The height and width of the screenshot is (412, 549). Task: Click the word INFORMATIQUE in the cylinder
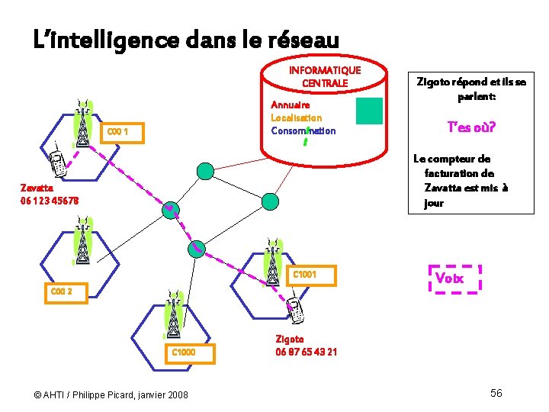pyautogui.click(x=325, y=70)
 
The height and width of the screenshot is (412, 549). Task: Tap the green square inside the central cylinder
pyautogui.click(x=369, y=111)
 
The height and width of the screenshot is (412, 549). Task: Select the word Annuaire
pyautogui.click(x=290, y=105)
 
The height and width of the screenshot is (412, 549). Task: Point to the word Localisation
pyautogui.click(x=296, y=117)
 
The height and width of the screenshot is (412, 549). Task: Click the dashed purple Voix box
pyautogui.click(x=454, y=278)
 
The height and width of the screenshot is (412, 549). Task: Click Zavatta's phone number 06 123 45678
pyautogui.click(x=49, y=201)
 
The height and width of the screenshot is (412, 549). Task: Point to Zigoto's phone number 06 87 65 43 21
pyautogui.click(x=306, y=352)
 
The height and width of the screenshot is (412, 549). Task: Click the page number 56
pyautogui.click(x=496, y=392)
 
